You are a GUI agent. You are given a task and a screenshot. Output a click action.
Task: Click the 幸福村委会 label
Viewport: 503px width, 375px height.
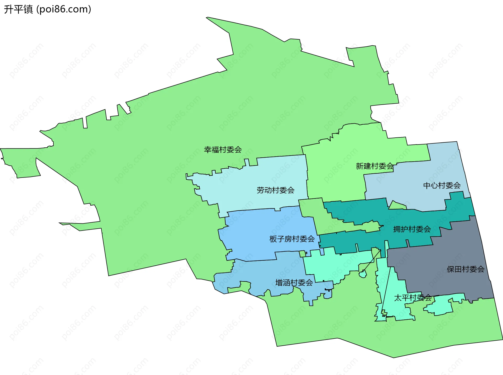point(223,150)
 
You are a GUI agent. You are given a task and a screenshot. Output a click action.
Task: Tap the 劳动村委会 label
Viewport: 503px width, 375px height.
point(275,190)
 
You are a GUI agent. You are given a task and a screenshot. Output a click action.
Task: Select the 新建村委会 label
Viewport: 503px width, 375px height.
point(374,166)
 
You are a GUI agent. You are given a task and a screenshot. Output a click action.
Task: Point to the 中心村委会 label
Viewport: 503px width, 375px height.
point(442,185)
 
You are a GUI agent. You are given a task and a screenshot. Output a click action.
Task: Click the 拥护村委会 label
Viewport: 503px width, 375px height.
point(412,229)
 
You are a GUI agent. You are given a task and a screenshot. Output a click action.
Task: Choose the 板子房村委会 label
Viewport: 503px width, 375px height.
point(292,239)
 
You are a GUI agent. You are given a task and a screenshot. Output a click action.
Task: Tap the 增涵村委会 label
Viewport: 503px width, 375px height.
point(294,283)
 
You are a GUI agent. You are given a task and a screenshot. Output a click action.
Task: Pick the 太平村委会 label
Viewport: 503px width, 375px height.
point(413,298)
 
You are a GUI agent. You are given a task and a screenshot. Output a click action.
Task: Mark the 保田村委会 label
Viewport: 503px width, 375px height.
point(465,269)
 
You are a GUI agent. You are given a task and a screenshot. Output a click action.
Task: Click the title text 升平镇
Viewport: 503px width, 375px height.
point(18,9)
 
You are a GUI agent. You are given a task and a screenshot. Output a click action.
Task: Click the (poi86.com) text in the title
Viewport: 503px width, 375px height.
point(64,9)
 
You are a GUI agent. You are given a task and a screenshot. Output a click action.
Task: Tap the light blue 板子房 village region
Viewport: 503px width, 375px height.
point(257,231)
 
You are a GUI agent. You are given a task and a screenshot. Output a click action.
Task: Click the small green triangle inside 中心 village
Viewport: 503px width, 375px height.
point(396,206)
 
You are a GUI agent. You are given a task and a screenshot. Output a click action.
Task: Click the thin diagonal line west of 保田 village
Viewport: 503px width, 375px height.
point(372,261)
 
